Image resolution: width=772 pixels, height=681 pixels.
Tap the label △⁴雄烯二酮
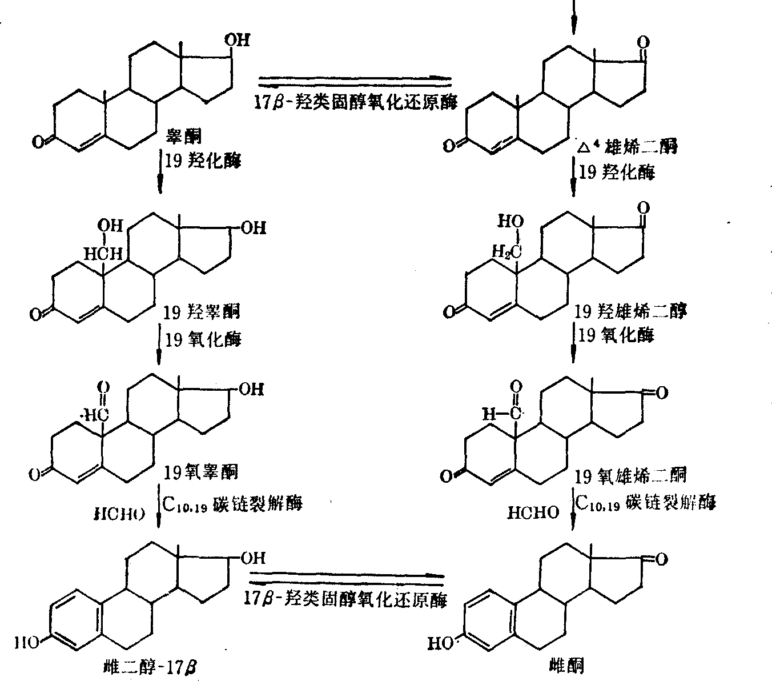coord(627,147)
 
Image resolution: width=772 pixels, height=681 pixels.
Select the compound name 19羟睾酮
coord(202,311)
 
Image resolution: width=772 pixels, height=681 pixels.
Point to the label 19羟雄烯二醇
coord(630,311)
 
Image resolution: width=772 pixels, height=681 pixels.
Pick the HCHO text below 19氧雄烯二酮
coord(533,513)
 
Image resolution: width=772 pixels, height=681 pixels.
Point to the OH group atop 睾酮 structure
coord(236,39)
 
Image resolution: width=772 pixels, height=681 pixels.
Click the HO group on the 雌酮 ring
coord(440,644)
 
